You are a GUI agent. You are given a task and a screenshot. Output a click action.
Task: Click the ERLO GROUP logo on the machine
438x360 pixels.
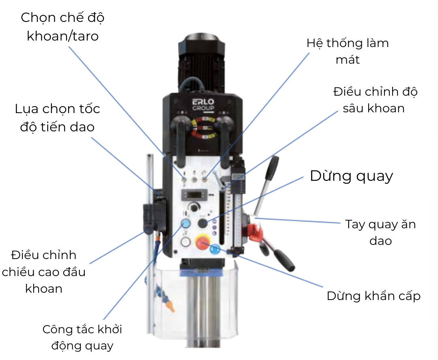pos(203,104)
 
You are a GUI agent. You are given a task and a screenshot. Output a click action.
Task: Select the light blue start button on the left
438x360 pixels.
pos(186,223)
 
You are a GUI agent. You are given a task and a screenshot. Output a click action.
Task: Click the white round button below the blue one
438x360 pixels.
pos(186,242)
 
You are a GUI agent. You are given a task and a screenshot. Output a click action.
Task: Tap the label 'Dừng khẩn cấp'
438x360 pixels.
pos(373,296)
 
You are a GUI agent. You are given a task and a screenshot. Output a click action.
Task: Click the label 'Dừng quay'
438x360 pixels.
pos(351,176)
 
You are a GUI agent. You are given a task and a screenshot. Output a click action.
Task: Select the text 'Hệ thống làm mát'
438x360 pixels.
pos(348,51)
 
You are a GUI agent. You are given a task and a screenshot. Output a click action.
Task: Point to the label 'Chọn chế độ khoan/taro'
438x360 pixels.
pos(63,27)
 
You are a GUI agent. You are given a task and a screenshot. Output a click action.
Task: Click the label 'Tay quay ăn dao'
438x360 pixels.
pos(380,232)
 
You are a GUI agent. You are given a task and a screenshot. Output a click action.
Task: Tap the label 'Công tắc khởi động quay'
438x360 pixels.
pos(82,337)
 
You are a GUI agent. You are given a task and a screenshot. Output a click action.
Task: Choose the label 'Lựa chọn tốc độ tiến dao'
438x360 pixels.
pos(57,118)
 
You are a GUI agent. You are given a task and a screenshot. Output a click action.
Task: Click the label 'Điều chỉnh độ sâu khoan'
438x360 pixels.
pos(375,100)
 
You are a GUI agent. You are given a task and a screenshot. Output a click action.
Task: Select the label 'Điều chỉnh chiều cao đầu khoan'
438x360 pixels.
pos(44,272)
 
